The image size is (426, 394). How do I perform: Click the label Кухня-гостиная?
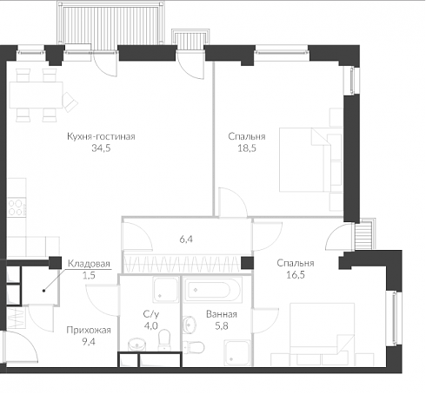pyautogui.click(x=101, y=136)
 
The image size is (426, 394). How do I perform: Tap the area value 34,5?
pyautogui.click(x=101, y=148)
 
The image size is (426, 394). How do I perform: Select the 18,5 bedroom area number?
pyautogui.click(x=247, y=148)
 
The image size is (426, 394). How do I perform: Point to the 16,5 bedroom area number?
pyautogui.click(x=296, y=275)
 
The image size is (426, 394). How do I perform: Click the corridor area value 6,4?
pyautogui.click(x=186, y=240)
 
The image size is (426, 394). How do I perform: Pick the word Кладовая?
pyautogui.click(x=89, y=264)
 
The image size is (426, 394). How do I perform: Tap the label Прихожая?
pyautogui.click(x=89, y=330)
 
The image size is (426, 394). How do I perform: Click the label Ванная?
pyautogui.click(x=222, y=314)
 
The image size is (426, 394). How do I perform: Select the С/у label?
pyautogui.click(x=151, y=314)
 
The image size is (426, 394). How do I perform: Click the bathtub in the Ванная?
pyautogui.click(x=213, y=290)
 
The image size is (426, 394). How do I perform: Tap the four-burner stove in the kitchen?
pyautogui.click(x=17, y=207)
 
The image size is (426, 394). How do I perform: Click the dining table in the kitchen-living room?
pyautogui.click(x=36, y=95)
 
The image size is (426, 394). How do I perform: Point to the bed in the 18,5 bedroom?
pyautogui.click(x=310, y=160)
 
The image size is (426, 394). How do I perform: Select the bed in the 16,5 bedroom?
pyautogui.click(x=322, y=334)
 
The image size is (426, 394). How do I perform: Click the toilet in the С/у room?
pyautogui.click(x=164, y=340)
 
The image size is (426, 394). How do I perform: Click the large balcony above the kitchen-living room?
pyautogui.click(x=110, y=23)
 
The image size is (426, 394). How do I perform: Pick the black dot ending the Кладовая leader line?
pyautogui.click(x=44, y=291)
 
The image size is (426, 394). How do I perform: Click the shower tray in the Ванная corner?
pyautogui.click(x=237, y=352)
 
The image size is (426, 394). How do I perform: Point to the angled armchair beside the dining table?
pyautogui.click(x=70, y=102)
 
